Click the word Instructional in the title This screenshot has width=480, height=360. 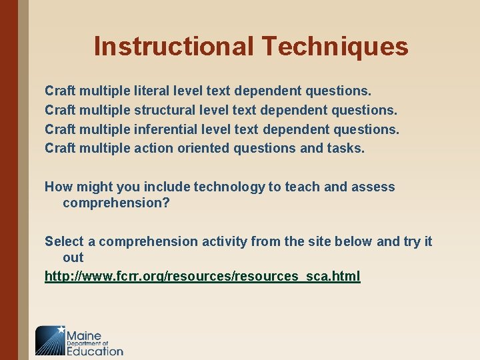[173, 47]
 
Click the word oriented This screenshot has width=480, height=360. [203, 147]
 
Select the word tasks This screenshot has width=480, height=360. [346, 147]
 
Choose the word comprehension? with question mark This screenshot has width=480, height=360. [117, 203]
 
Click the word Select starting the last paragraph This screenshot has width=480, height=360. [63, 241]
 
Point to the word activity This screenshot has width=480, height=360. [225, 241]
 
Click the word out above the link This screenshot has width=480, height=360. [73, 257]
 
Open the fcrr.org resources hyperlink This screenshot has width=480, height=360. [203, 276]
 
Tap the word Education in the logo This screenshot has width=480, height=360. [95, 351]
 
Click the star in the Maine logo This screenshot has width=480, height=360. [62, 329]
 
